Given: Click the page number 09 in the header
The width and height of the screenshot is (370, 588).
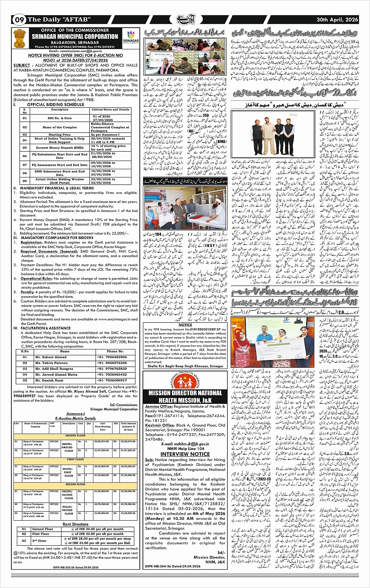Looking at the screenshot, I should [20, 20].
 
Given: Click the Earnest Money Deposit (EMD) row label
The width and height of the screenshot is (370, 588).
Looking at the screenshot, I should [60, 148].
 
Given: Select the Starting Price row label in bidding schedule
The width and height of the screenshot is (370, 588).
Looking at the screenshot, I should [60, 134].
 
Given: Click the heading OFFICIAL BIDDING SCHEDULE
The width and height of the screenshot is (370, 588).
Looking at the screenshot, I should [56, 105].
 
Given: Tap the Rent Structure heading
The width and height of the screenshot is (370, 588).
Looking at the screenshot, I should [76, 524].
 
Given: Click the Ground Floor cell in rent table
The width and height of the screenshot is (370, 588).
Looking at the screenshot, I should [43, 529].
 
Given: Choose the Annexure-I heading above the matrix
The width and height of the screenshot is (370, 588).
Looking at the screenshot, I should [76, 414].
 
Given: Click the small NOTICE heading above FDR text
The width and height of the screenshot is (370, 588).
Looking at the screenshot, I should [185, 325].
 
